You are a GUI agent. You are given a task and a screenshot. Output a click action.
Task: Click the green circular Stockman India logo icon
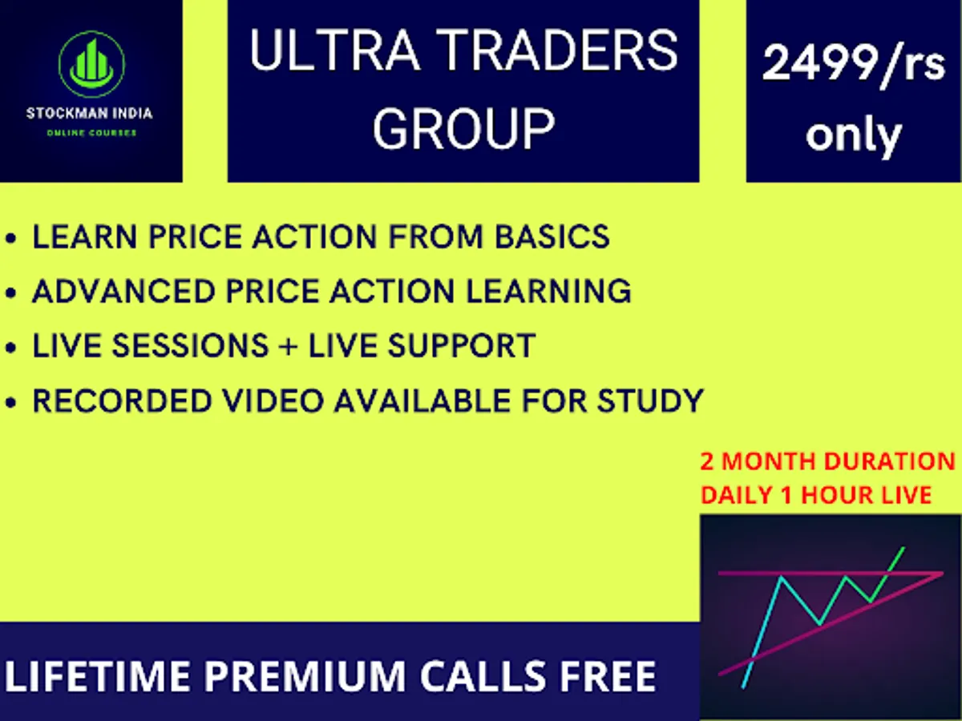tap(91, 64)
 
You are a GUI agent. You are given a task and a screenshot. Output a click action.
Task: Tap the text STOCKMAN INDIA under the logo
tap(90, 114)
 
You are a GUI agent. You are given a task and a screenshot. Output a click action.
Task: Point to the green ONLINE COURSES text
tap(91, 133)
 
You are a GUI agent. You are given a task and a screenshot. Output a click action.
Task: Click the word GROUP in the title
tap(463, 129)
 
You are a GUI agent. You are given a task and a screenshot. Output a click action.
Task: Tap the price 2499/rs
tap(854, 64)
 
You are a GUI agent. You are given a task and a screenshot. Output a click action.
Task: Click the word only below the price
tap(854, 135)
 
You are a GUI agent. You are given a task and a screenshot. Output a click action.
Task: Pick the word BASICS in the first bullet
tap(552, 236)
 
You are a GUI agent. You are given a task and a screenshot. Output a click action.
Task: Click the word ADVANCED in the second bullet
tap(123, 291)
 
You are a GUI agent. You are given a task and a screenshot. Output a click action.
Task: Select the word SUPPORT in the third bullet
tap(462, 345)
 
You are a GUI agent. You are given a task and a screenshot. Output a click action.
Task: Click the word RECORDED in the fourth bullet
tap(123, 401)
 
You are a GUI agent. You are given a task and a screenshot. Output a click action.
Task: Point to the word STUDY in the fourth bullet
tap(651, 401)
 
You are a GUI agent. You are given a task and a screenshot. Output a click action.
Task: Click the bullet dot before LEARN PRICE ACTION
tap(11, 239)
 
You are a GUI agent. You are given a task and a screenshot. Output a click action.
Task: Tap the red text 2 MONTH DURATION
tap(827, 461)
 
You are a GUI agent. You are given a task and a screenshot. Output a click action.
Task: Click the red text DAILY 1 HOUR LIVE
tap(816, 495)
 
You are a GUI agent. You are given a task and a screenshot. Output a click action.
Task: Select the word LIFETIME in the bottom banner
tap(98, 676)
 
